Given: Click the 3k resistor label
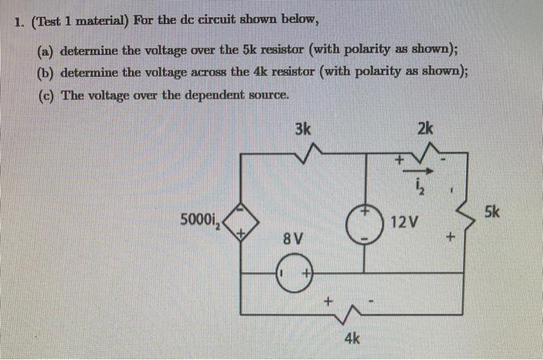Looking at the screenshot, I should click(x=303, y=129).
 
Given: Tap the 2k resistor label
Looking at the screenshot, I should click(x=425, y=129).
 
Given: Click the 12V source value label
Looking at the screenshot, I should click(x=404, y=223).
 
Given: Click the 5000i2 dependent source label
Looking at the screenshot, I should click(x=200, y=220).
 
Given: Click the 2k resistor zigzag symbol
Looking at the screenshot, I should click(x=425, y=157).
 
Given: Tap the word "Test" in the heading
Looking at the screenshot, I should click(x=52, y=22).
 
